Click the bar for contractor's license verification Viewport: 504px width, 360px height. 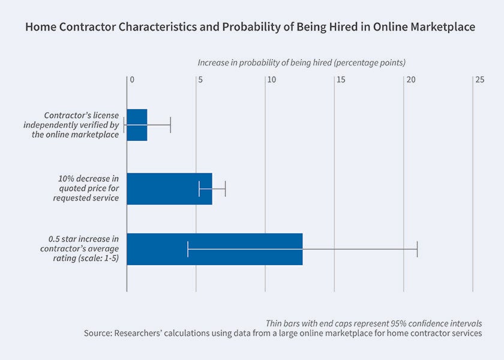pyautogui.click(x=137, y=125)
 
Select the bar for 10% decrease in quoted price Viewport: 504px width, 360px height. pyautogui.click(x=169, y=188)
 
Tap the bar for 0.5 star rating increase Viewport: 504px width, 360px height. pyautogui.click(x=214, y=248)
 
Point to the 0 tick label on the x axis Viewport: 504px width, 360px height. pyautogui.click(x=132, y=79)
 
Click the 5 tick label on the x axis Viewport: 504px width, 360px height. pyautogui.click(x=201, y=79)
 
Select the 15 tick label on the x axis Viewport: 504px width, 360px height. pyautogui.click(x=340, y=79)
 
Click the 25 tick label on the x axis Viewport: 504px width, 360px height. pyautogui.click(x=478, y=79)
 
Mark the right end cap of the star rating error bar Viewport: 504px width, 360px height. pyautogui.click(x=417, y=248)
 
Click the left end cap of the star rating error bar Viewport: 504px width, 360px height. pyautogui.click(x=188, y=248)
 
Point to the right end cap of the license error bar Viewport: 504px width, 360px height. pyautogui.click(x=170, y=125)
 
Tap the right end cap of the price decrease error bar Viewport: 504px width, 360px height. pyautogui.click(x=225, y=188)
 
